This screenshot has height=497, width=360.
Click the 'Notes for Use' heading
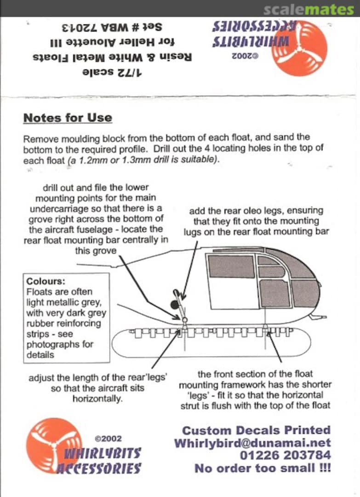(x=68, y=118)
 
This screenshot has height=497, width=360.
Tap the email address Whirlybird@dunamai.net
(x=252, y=443)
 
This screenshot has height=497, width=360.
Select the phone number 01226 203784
(x=285, y=456)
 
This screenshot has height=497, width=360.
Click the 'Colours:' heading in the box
(x=46, y=282)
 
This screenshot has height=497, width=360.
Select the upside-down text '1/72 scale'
(x=113, y=72)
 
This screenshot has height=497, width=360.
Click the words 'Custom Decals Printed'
(x=256, y=430)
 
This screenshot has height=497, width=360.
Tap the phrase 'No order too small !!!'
(x=263, y=468)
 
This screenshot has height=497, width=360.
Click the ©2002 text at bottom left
(x=108, y=439)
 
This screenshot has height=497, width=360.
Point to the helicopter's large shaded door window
(x=231, y=266)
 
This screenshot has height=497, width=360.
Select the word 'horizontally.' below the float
(x=97, y=399)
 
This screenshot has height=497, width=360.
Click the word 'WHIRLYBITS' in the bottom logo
(x=103, y=453)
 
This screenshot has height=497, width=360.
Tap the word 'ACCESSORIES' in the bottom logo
(x=99, y=468)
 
